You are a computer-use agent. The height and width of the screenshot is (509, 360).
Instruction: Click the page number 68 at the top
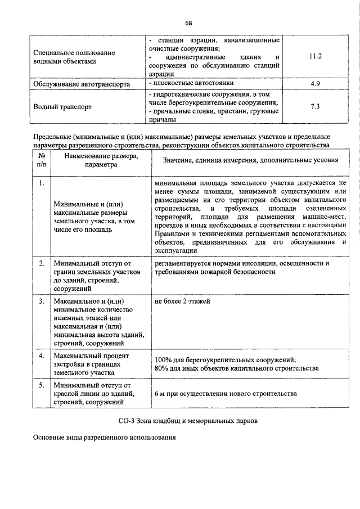[188, 23]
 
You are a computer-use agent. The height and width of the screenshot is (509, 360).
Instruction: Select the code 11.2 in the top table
[315, 57]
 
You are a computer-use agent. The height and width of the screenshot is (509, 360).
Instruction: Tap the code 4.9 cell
[315, 84]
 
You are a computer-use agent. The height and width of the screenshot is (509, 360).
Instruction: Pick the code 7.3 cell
[315, 106]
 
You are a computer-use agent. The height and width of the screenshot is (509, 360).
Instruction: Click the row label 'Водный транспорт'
[62, 106]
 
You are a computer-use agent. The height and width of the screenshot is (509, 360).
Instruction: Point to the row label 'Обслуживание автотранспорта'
[82, 84]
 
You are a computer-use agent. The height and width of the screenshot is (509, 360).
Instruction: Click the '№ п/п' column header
[42, 161]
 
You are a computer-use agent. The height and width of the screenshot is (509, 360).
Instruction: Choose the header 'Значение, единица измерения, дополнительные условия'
[250, 161]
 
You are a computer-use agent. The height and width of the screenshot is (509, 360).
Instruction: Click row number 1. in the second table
[42, 183]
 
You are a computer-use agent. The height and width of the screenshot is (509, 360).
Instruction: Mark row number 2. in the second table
[42, 263]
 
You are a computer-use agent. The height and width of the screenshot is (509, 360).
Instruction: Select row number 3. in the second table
[42, 301]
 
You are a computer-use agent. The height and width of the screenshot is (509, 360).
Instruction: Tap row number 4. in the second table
[42, 356]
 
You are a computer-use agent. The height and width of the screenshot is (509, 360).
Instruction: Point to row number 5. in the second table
[42, 385]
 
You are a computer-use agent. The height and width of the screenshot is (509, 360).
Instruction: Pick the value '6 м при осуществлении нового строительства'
[225, 394]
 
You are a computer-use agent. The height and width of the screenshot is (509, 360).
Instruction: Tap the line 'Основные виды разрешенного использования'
[105, 438]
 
